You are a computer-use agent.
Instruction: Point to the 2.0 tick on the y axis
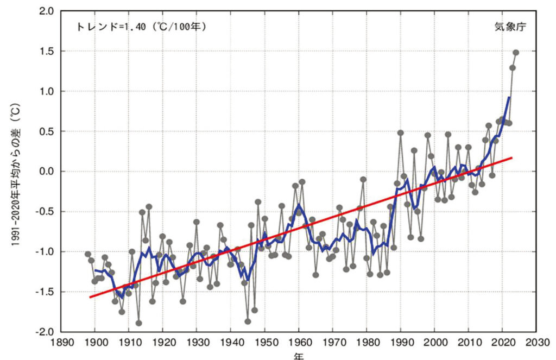click(x=45, y=11)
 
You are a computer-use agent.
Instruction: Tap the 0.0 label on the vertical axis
click(x=45, y=172)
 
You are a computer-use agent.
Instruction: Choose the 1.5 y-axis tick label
click(x=45, y=51)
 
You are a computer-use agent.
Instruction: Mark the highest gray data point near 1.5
click(x=516, y=53)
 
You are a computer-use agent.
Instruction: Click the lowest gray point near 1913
click(x=139, y=323)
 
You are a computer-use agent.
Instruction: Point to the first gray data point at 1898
click(x=88, y=254)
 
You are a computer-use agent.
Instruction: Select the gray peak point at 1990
click(x=401, y=132)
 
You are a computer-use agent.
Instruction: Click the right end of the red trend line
click(x=512, y=157)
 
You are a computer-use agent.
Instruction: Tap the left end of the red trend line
click(x=90, y=297)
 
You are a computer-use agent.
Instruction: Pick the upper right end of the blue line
click(x=509, y=98)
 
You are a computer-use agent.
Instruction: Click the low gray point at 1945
click(x=248, y=321)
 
